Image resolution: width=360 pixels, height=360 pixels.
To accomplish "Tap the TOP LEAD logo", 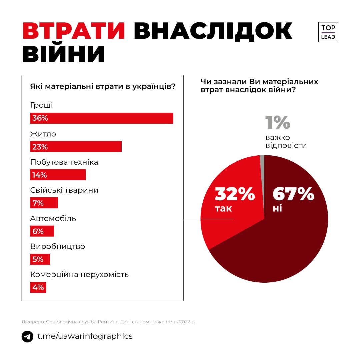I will click(328, 32).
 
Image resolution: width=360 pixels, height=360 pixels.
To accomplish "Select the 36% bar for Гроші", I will click(102, 118).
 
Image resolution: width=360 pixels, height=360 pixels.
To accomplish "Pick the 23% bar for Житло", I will click(76, 147).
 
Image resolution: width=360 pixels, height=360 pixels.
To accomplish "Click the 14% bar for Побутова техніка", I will click(58, 175).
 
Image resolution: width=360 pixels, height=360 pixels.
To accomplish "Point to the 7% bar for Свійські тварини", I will click(44, 203).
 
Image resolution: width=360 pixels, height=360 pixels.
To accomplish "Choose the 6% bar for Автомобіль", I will click(42, 231).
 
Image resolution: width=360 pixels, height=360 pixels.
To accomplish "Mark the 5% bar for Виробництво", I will click(40, 259).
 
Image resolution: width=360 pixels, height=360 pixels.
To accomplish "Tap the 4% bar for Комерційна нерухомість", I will click(38, 287).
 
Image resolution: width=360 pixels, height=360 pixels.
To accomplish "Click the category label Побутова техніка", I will click(64, 162).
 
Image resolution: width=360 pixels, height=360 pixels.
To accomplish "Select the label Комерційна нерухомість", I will click(79, 275).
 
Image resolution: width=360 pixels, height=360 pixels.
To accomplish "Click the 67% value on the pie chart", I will click(293, 194).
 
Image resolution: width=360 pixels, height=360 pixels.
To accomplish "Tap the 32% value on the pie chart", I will click(235, 194).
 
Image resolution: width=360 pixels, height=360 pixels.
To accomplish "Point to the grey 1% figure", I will click(278, 122).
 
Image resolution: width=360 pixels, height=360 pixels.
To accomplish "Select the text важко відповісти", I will click(286, 141).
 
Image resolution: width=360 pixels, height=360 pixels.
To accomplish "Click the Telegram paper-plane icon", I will click(27, 336).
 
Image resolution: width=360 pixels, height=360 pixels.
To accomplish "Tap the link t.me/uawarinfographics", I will click(85, 336).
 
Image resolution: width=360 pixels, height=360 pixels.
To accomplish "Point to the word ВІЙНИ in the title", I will click(64, 54).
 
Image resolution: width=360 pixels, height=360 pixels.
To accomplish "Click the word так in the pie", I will click(223, 209).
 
